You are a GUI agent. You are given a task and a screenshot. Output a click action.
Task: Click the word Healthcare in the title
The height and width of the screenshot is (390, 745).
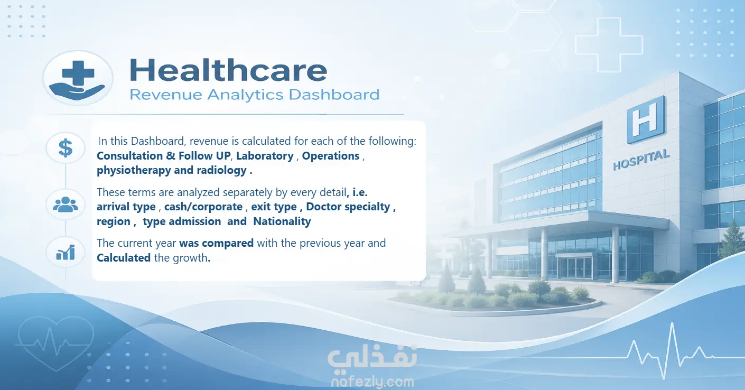click(x=228, y=70)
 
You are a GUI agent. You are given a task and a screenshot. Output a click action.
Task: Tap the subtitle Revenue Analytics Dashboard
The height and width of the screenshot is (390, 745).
click(x=255, y=95)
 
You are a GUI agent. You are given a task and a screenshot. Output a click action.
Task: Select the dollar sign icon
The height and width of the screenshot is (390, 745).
click(x=66, y=148)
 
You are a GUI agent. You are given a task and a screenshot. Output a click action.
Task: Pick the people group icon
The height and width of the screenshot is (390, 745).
click(x=66, y=205)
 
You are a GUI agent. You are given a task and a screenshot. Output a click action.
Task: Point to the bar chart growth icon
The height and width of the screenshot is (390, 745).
click(x=66, y=252)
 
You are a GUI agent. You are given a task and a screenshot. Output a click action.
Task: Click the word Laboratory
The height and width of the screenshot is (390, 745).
click(x=265, y=156)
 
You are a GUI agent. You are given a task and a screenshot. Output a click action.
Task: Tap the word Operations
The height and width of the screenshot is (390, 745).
click(x=331, y=156)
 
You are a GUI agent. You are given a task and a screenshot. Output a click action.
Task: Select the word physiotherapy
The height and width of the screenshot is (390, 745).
click(x=134, y=170)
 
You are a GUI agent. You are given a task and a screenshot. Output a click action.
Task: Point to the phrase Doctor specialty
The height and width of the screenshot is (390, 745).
click(x=348, y=207)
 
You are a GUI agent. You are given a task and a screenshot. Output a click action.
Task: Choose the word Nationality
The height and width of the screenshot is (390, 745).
click(x=282, y=221)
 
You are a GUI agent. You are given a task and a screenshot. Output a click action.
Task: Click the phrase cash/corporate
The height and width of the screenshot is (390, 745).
click(x=203, y=207)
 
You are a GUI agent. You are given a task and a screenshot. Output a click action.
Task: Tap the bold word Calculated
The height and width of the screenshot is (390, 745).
click(x=124, y=258)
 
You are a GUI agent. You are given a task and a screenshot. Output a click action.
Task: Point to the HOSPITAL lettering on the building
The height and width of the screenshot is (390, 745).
click(x=641, y=160)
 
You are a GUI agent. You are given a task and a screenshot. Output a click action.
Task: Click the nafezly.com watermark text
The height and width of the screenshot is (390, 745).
click(x=373, y=382)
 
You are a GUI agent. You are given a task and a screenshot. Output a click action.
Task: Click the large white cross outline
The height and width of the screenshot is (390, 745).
click(x=609, y=45)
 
